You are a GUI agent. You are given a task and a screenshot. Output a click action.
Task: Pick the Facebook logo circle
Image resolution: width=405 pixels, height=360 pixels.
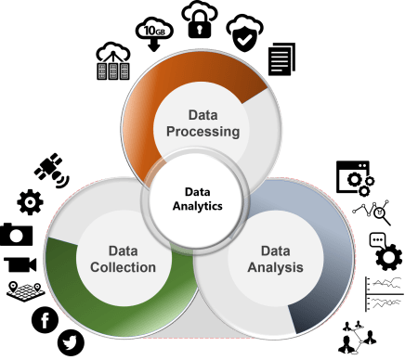[x=44, y=321]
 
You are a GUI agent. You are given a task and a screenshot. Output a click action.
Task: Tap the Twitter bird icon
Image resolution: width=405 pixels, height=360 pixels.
[x=71, y=341]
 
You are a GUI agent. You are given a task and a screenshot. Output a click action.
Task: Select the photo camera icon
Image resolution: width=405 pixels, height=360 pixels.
[x=17, y=234]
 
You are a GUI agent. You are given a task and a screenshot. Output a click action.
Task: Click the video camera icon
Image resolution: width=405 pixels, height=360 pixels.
[x=20, y=264]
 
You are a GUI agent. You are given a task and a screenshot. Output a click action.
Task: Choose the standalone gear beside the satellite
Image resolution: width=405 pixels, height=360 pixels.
[x=30, y=201]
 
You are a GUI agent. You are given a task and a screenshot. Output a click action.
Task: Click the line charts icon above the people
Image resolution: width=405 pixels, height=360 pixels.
[x=384, y=295]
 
